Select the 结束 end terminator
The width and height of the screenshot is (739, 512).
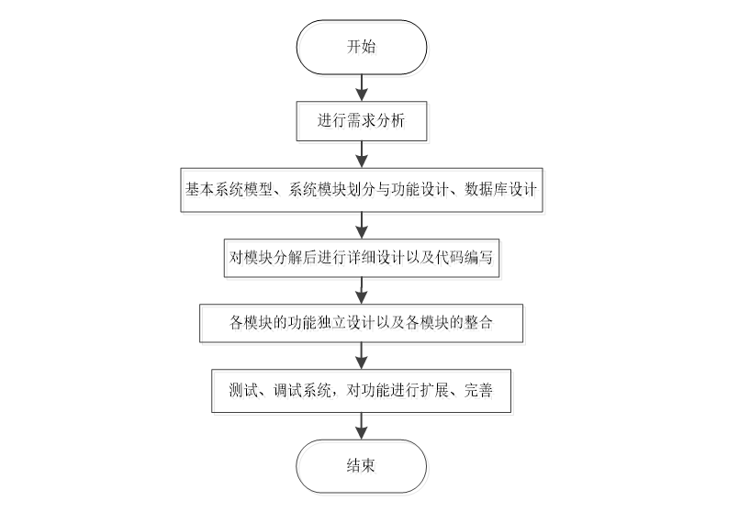click(361, 465)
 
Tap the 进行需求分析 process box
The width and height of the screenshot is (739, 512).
click(361, 120)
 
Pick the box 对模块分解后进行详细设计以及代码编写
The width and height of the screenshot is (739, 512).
click(361, 258)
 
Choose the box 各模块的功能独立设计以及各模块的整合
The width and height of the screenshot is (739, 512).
click(361, 323)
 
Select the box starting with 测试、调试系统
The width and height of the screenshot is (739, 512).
click(361, 391)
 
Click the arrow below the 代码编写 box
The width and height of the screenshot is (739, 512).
click(361, 290)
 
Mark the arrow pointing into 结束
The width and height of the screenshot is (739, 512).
click(361, 426)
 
